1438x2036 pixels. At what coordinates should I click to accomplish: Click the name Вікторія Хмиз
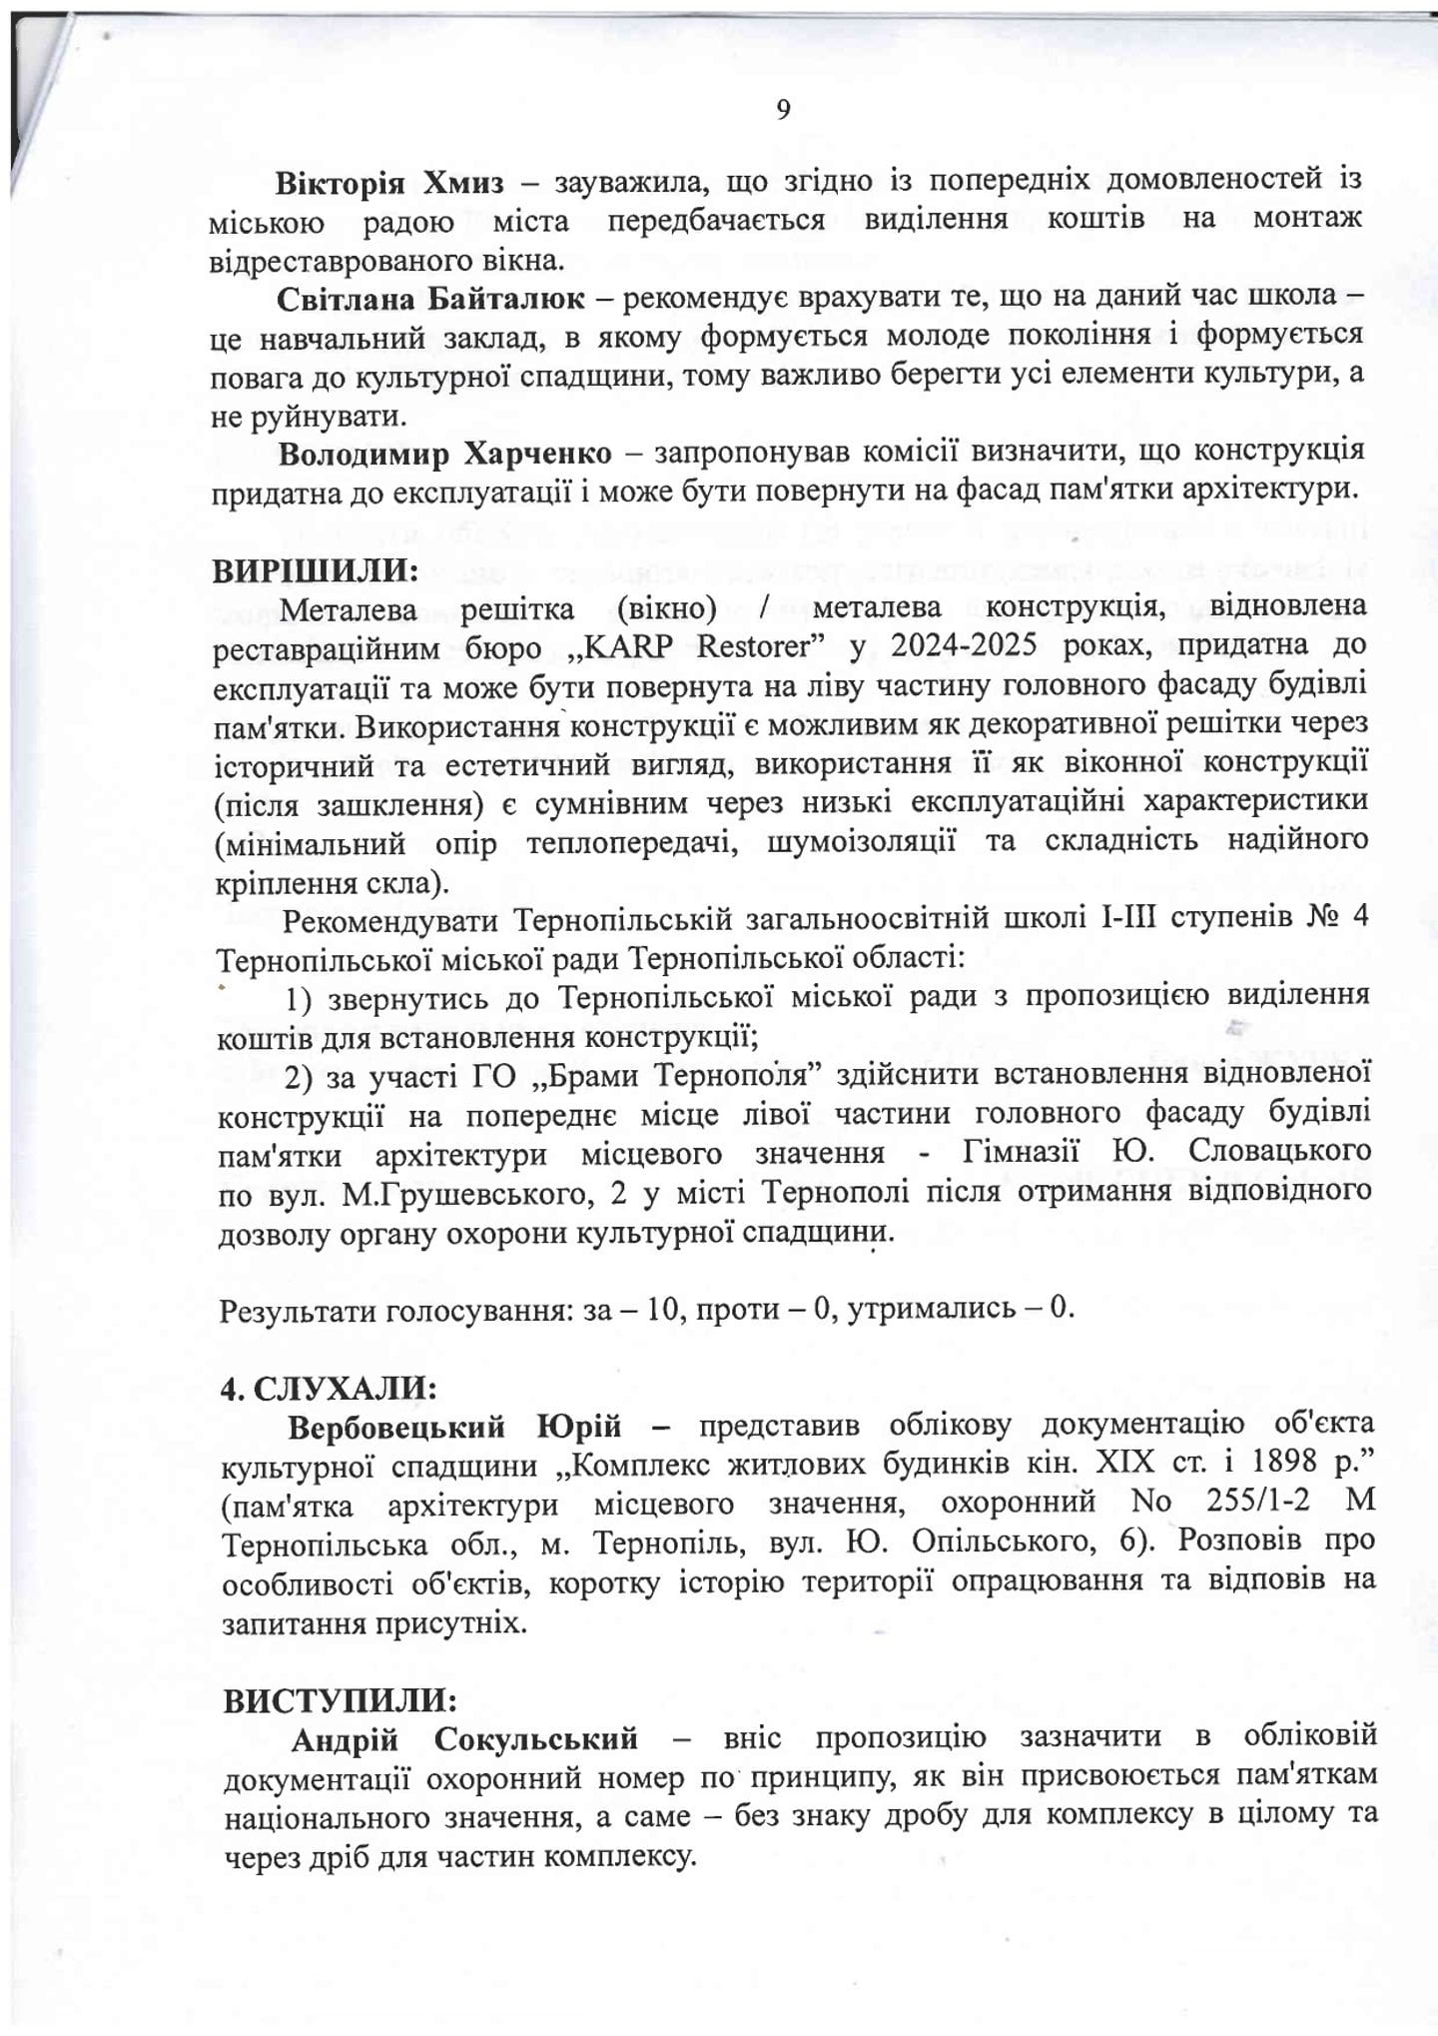click(390, 184)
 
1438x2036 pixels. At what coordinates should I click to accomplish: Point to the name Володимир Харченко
click(445, 454)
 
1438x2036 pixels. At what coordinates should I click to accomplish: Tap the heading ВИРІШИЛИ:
click(316, 569)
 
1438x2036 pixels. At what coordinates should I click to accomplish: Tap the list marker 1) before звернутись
click(303, 997)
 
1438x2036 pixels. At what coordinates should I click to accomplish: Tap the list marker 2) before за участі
click(303, 1075)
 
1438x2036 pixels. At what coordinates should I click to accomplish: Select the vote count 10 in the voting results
click(662, 1308)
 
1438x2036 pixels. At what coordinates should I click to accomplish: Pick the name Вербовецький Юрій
click(455, 1426)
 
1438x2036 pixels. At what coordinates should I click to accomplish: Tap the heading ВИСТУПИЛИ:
click(341, 1700)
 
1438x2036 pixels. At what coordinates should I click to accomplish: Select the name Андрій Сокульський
click(464, 1739)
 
